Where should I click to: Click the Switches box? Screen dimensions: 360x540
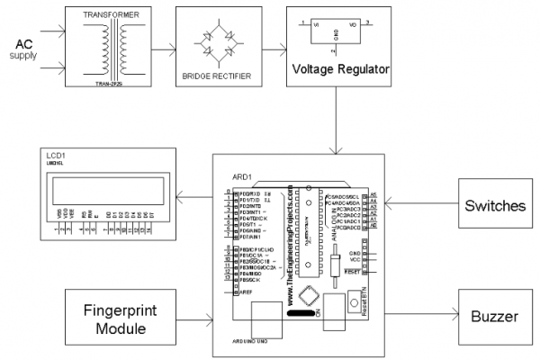[495, 205]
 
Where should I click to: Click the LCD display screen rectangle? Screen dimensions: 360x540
[108, 191]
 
